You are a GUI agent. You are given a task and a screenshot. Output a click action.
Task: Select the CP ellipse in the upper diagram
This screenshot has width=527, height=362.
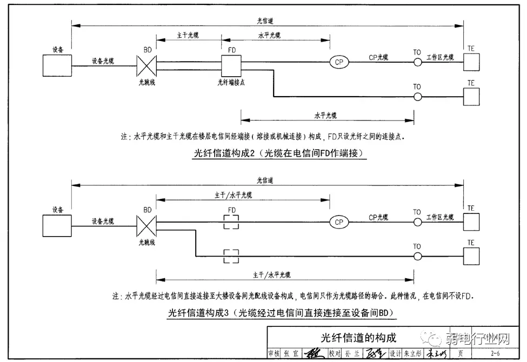339,63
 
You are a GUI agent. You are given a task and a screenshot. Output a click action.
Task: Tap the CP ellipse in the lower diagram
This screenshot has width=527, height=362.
339,222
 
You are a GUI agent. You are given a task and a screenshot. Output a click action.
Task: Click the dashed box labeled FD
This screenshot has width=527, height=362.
231,222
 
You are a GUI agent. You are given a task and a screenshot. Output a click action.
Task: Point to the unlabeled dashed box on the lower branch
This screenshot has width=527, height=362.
231,256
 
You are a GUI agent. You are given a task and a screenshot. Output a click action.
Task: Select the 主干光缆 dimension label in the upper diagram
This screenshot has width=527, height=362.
188,35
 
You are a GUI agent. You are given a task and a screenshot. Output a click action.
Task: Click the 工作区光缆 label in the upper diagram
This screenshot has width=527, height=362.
441,57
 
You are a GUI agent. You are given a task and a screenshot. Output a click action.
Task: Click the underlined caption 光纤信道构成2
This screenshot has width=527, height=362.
279,153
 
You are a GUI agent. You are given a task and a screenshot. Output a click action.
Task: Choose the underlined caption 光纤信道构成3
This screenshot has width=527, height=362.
279,313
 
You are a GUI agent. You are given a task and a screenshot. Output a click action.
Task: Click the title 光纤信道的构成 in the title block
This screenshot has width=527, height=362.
358,338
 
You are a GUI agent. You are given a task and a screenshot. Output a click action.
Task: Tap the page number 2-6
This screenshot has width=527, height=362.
495,354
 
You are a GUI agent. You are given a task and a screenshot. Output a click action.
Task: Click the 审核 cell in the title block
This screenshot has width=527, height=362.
275,354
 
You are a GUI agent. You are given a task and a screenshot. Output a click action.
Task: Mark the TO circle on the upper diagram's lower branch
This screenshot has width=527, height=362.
417,97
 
